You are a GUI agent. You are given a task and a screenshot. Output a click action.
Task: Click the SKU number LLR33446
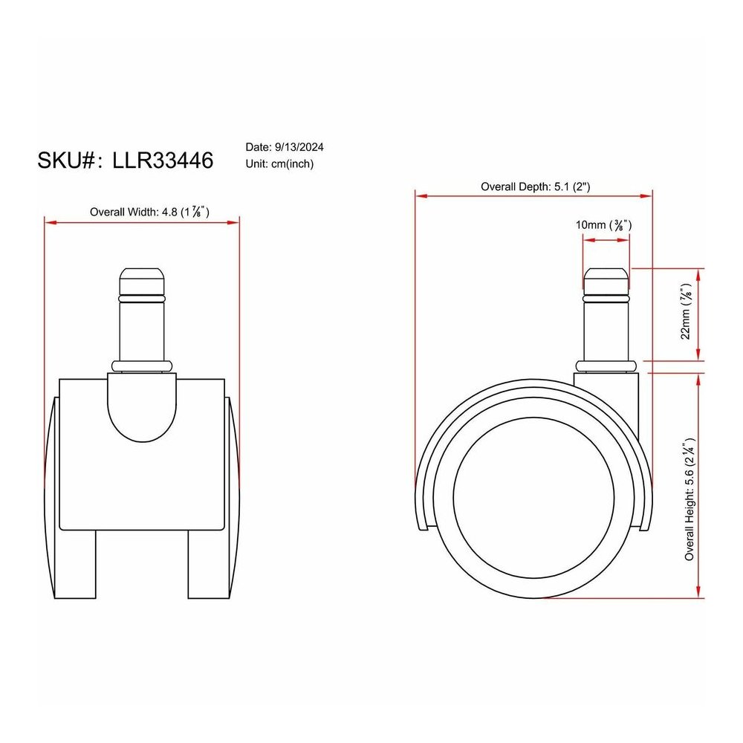coord(163,160)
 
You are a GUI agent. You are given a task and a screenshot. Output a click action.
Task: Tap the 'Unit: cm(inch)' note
coord(279,164)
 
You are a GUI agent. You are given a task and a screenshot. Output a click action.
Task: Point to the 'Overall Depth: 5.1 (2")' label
coord(536,186)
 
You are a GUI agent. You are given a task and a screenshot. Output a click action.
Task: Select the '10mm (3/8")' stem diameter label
coord(603,224)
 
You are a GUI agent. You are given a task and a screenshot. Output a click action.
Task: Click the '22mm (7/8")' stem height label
coord(686,311)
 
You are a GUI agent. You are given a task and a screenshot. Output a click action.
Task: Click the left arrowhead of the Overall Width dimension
coord(51,222)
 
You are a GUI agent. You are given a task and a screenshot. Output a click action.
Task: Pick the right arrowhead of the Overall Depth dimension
coord(646,195)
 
